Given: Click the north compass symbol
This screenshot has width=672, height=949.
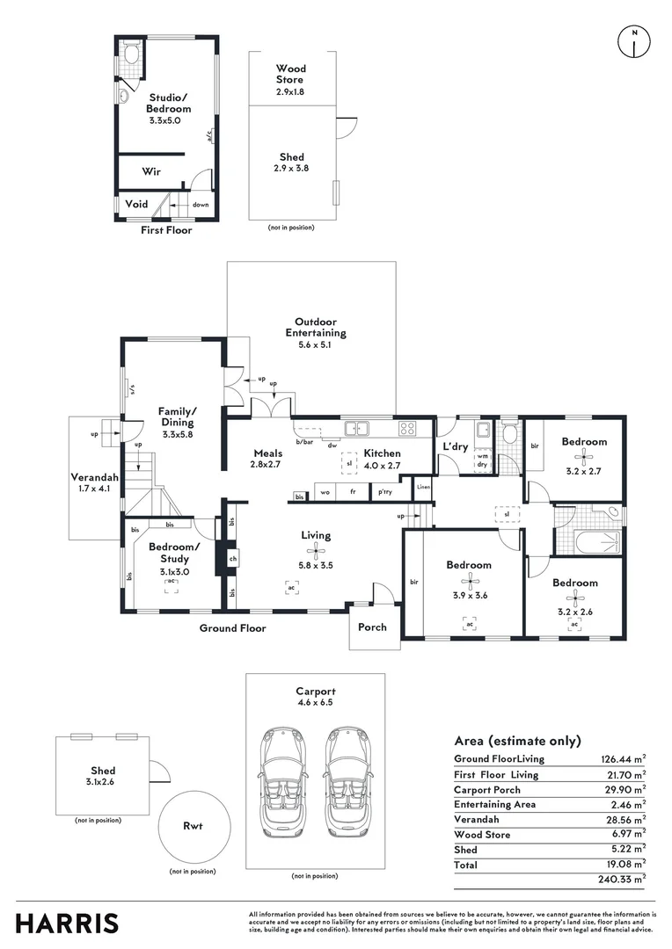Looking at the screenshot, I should click(x=633, y=40).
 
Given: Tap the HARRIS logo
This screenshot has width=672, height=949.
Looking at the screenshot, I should click(x=67, y=924).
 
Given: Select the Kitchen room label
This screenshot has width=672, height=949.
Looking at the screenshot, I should click(x=383, y=453).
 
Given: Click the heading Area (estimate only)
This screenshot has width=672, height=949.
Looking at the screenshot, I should click(x=517, y=741).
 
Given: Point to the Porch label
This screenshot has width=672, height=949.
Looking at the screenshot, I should click(x=371, y=627).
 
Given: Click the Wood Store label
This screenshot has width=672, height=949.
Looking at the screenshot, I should click(x=290, y=74).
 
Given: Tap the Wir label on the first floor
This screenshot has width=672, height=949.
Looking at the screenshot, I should click(x=150, y=172).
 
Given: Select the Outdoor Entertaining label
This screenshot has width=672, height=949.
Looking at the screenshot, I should click(x=315, y=328).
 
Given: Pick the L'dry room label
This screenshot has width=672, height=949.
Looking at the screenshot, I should click(x=455, y=446).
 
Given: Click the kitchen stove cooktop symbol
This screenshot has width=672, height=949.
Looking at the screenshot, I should click(x=408, y=429).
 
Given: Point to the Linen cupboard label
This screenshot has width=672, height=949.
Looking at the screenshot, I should click(x=424, y=487).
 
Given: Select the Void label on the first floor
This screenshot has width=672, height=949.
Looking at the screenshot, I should click(x=136, y=204).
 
